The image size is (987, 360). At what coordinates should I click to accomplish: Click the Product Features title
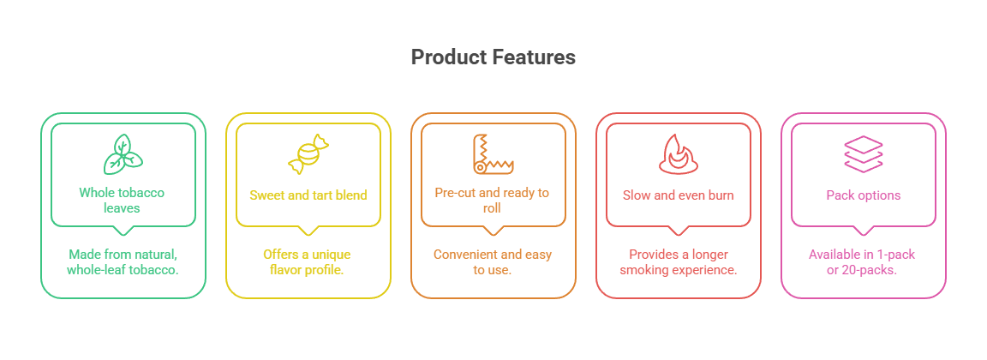tap(493, 57)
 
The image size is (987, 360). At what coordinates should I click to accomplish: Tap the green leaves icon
tap(123, 154)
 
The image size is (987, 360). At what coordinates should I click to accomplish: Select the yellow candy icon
tap(308, 154)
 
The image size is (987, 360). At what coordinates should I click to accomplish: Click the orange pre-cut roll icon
tap(493, 153)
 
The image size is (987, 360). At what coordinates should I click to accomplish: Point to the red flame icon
tap(678, 154)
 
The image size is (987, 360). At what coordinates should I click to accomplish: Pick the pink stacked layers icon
tap(863, 154)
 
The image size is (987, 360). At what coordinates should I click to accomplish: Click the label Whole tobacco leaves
tap(122, 201)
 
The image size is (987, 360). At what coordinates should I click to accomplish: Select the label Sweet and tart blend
tap(308, 195)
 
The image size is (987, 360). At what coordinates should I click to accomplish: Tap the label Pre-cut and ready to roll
tap(492, 201)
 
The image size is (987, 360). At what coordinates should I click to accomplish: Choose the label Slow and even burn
tap(678, 195)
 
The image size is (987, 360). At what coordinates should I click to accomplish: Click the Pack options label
tap(863, 195)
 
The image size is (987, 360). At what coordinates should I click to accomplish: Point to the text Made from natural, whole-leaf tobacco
tap(123, 262)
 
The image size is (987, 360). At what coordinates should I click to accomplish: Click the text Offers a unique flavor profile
tap(308, 262)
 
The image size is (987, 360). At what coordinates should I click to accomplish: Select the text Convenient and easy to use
tap(493, 262)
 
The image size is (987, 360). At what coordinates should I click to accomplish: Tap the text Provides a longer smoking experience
tap(678, 262)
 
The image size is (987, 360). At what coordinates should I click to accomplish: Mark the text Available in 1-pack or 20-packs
tap(863, 262)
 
